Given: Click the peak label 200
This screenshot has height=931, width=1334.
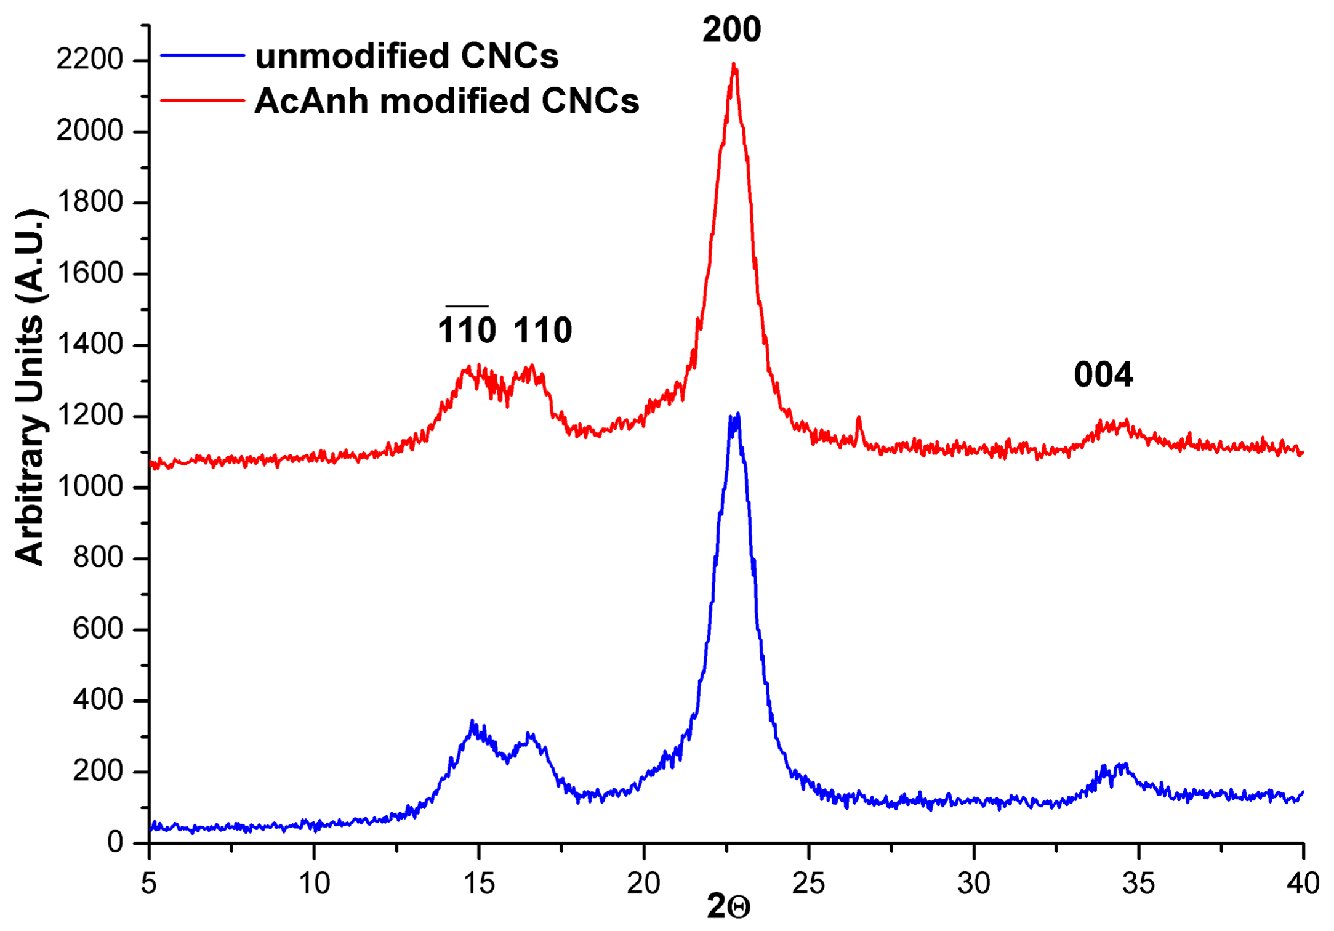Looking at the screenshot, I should [x=731, y=30].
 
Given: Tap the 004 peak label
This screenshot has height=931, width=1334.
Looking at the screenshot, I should [x=1103, y=374].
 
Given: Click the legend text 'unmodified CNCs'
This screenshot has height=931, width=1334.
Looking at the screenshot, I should [x=407, y=56].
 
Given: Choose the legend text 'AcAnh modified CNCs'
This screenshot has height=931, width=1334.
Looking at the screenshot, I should [x=447, y=100].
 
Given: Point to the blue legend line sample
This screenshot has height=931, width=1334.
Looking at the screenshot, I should [x=203, y=55].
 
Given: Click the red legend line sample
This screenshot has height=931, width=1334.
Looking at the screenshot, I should [x=203, y=100].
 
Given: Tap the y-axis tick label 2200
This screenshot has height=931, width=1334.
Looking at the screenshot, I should [x=90, y=60].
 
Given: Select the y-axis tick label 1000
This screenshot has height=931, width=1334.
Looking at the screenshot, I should [x=90, y=486].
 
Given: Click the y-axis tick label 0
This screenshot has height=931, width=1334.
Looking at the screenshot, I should [x=115, y=842].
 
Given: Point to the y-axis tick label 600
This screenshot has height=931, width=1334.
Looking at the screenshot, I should [x=97, y=629].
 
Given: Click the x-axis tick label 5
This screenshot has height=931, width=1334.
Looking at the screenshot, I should [x=149, y=884].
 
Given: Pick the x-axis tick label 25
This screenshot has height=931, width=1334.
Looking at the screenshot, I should [x=808, y=884].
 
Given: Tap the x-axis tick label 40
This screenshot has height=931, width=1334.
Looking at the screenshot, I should [x=1303, y=884].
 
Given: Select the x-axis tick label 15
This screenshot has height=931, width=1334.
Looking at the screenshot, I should [x=479, y=884].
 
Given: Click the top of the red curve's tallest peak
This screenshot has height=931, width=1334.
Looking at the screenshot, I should [x=733, y=64].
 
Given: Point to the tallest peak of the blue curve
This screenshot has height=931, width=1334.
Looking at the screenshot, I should [x=737, y=414].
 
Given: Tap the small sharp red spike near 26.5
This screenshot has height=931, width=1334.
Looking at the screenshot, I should [x=859, y=418].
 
